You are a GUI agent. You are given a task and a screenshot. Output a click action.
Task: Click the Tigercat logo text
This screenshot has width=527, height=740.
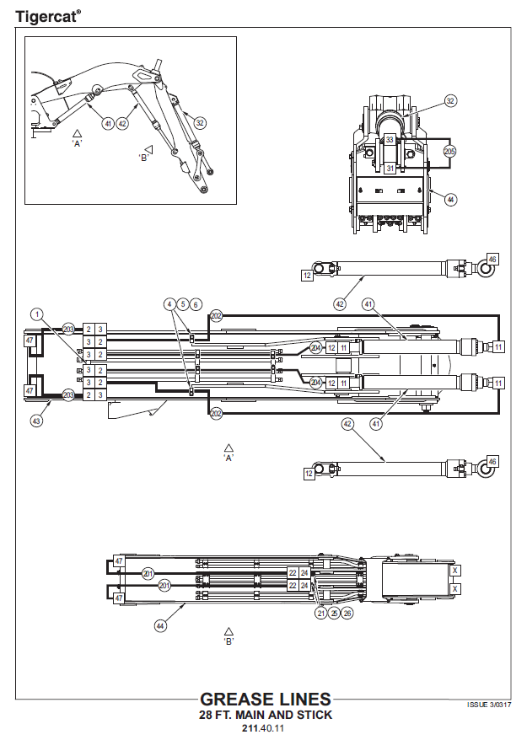48,15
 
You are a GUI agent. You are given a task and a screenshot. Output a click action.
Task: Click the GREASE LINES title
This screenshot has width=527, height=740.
265,700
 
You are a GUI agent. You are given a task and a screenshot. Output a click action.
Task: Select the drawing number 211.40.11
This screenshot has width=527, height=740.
265,728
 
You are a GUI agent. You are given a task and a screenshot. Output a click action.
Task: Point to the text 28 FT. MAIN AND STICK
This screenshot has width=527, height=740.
265,715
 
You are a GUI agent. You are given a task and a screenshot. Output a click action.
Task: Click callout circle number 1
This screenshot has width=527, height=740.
36,314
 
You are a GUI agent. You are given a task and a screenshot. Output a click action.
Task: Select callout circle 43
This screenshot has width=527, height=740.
36,420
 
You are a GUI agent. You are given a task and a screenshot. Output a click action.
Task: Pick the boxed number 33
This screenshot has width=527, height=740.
390,140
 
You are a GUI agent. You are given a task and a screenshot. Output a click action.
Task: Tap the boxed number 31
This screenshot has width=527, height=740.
390,169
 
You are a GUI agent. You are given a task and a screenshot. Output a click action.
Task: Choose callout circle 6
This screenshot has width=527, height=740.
196,303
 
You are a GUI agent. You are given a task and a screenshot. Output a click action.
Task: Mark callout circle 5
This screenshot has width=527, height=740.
183,303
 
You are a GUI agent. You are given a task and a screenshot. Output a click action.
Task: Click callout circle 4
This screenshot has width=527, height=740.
170,303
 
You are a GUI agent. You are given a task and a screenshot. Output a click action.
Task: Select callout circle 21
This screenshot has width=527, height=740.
321,614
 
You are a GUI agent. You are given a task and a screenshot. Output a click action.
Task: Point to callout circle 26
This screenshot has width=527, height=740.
348,614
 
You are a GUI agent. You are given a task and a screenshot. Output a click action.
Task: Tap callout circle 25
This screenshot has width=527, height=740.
335,614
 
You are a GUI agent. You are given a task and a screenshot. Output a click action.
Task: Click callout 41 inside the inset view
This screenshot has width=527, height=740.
108,123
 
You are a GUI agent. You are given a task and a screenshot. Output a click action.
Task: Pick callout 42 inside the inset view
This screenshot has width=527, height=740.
122,123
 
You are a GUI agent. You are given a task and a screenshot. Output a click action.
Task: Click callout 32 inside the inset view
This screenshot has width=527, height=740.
200,122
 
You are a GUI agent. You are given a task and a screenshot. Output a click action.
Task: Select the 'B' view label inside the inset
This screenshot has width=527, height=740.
144,157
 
